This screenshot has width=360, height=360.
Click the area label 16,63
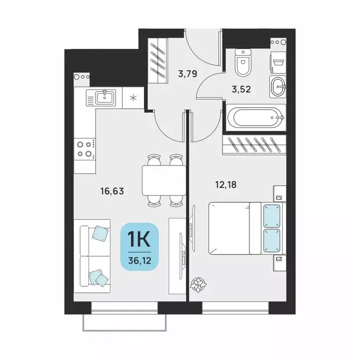pyautogui.click(x=114, y=191)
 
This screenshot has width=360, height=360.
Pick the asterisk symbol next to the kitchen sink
pyautogui.click(x=134, y=98)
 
